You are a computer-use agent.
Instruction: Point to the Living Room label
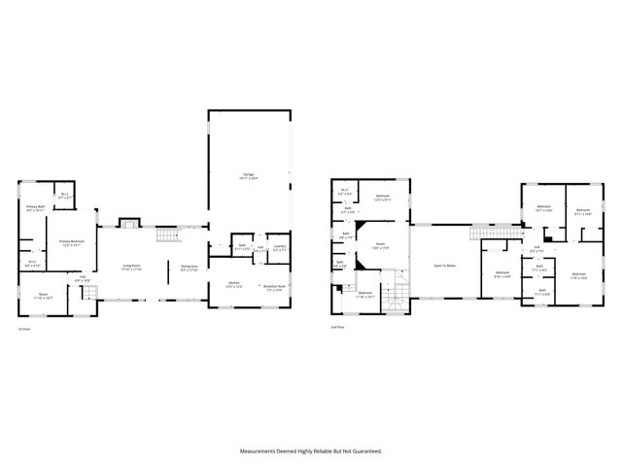(x=131, y=268)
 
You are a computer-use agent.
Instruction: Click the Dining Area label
(x=189, y=268)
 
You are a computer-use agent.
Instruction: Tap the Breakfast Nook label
(x=273, y=288)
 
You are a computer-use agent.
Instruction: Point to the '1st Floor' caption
(x=22, y=329)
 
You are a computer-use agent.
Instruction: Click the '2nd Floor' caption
(x=337, y=329)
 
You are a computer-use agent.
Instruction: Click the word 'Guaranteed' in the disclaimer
(x=364, y=450)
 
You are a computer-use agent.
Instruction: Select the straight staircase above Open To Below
(x=484, y=233)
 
